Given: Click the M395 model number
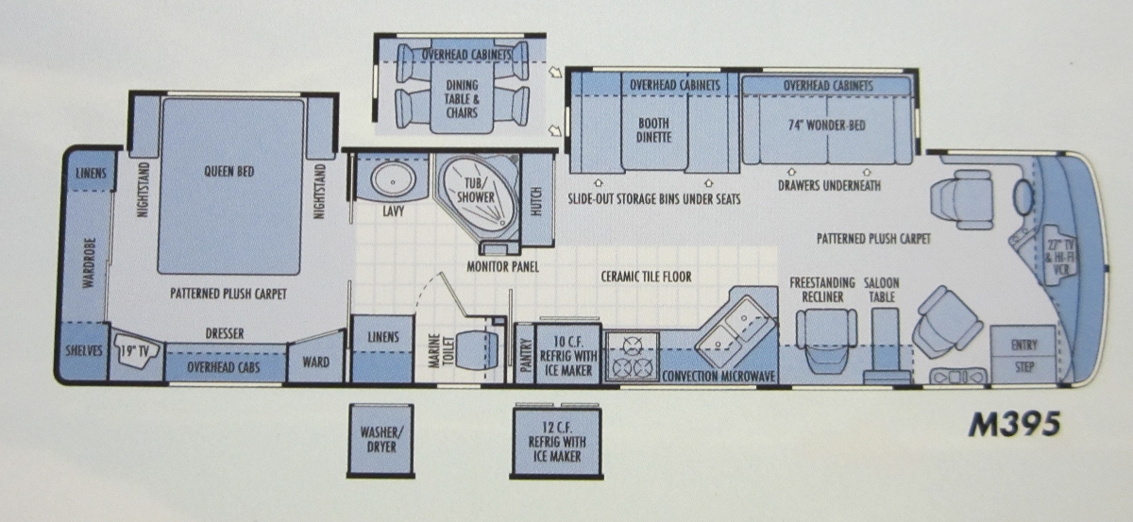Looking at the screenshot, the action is [x=1014, y=425].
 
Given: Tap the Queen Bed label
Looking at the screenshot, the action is [x=229, y=172].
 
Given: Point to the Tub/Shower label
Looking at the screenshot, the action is [x=476, y=190].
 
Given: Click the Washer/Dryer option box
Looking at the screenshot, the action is [x=380, y=440].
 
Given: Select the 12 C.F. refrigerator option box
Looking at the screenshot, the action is [x=556, y=443].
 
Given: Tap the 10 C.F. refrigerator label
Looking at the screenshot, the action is [x=568, y=356].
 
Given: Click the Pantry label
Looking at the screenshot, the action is [x=526, y=355].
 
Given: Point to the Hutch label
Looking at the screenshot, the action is [x=536, y=201].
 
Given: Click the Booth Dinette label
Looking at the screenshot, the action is [x=653, y=130].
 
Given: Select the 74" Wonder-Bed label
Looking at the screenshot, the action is [x=826, y=125].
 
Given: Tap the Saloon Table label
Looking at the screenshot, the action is [x=881, y=290].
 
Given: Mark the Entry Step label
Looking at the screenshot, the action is [x=1024, y=356].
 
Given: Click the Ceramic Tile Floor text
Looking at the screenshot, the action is [x=646, y=277].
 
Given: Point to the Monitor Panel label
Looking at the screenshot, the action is [x=502, y=266].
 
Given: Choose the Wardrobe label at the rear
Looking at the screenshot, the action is [x=89, y=263].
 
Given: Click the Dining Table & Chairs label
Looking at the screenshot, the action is [x=462, y=98].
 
